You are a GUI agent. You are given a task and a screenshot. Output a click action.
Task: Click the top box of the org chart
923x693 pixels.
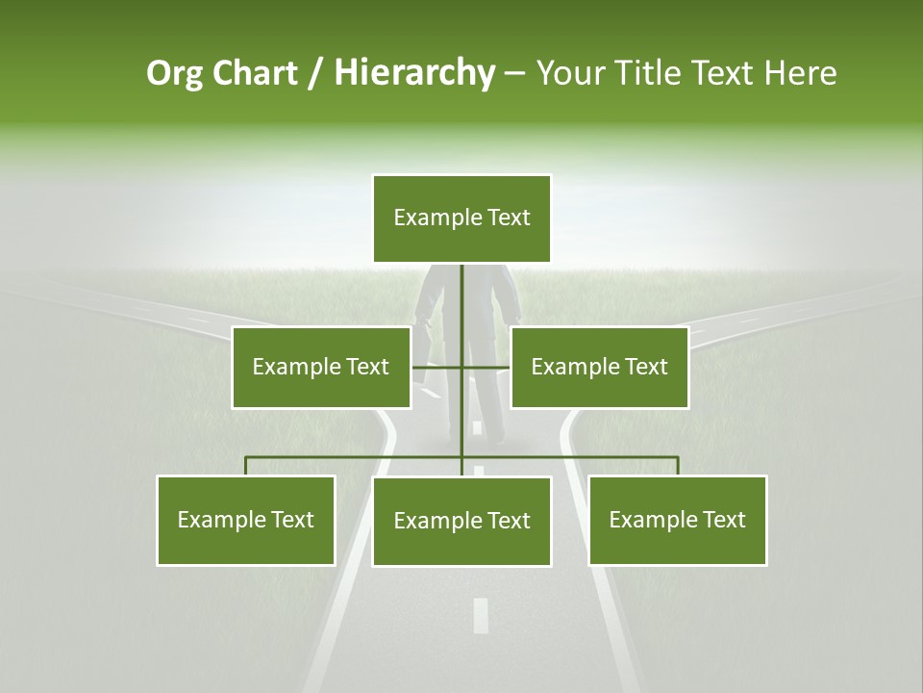[461, 218]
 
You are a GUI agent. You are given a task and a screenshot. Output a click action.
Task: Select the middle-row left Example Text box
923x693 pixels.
[320, 367]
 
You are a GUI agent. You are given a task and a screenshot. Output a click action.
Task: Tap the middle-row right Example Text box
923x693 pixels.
[599, 367]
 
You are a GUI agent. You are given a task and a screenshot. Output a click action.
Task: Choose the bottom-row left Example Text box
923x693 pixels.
[245, 520]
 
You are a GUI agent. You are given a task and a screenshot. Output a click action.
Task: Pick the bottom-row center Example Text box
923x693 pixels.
[461, 521]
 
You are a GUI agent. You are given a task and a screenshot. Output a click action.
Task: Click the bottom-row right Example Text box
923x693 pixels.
[677, 520]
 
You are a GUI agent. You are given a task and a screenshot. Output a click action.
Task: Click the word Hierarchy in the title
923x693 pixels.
[414, 73]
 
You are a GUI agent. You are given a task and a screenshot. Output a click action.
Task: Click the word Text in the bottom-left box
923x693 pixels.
[291, 520]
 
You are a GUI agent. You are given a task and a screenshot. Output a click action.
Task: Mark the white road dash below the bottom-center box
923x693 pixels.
[481, 615]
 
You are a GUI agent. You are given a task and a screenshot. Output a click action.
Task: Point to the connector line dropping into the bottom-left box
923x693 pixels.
[246, 466]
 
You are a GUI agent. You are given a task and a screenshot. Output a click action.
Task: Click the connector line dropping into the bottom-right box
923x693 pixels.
[678, 466]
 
